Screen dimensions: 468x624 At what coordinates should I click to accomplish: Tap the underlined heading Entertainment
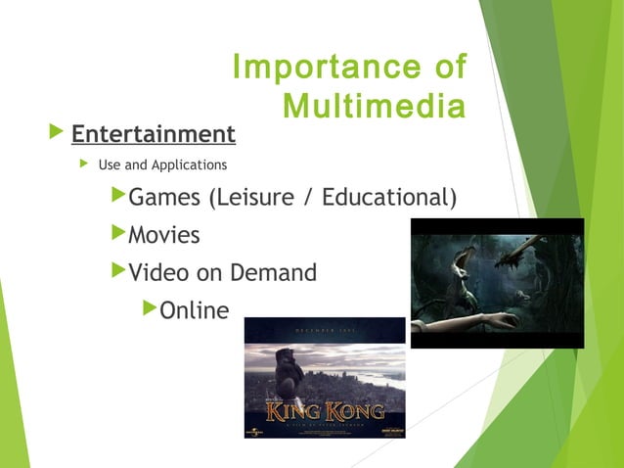(x=154, y=133)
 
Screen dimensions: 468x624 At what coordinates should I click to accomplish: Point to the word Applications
(x=189, y=164)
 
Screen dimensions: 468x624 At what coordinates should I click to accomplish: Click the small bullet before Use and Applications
(x=84, y=164)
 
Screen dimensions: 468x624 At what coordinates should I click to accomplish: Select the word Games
(x=163, y=198)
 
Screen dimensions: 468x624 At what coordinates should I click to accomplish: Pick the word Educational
(x=389, y=198)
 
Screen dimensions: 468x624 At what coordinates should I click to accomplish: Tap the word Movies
(x=164, y=236)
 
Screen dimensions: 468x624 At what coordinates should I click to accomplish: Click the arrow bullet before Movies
(x=119, y=234)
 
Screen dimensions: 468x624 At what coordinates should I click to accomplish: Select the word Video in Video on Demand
(x=160, y=273)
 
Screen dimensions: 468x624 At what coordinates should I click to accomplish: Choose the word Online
(x=194, y=311)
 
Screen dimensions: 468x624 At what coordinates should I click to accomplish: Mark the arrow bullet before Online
(x=150, y=309)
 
